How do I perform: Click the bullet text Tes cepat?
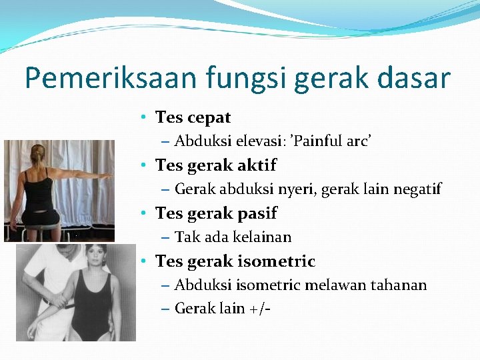(193, 117)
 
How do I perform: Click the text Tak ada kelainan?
(233, 237)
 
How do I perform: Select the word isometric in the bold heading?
(273, 261)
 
